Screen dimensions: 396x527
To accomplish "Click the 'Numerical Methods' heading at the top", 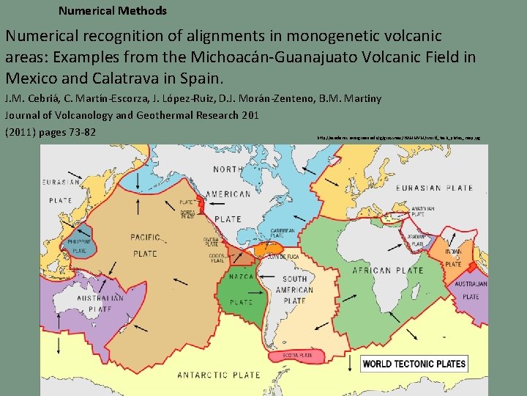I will pos(112,11).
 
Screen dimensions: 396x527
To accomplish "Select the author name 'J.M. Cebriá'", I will pos(33,98).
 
